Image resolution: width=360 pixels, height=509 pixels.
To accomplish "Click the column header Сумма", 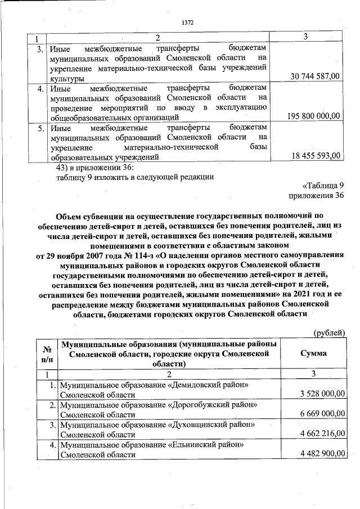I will pos(313,353).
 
